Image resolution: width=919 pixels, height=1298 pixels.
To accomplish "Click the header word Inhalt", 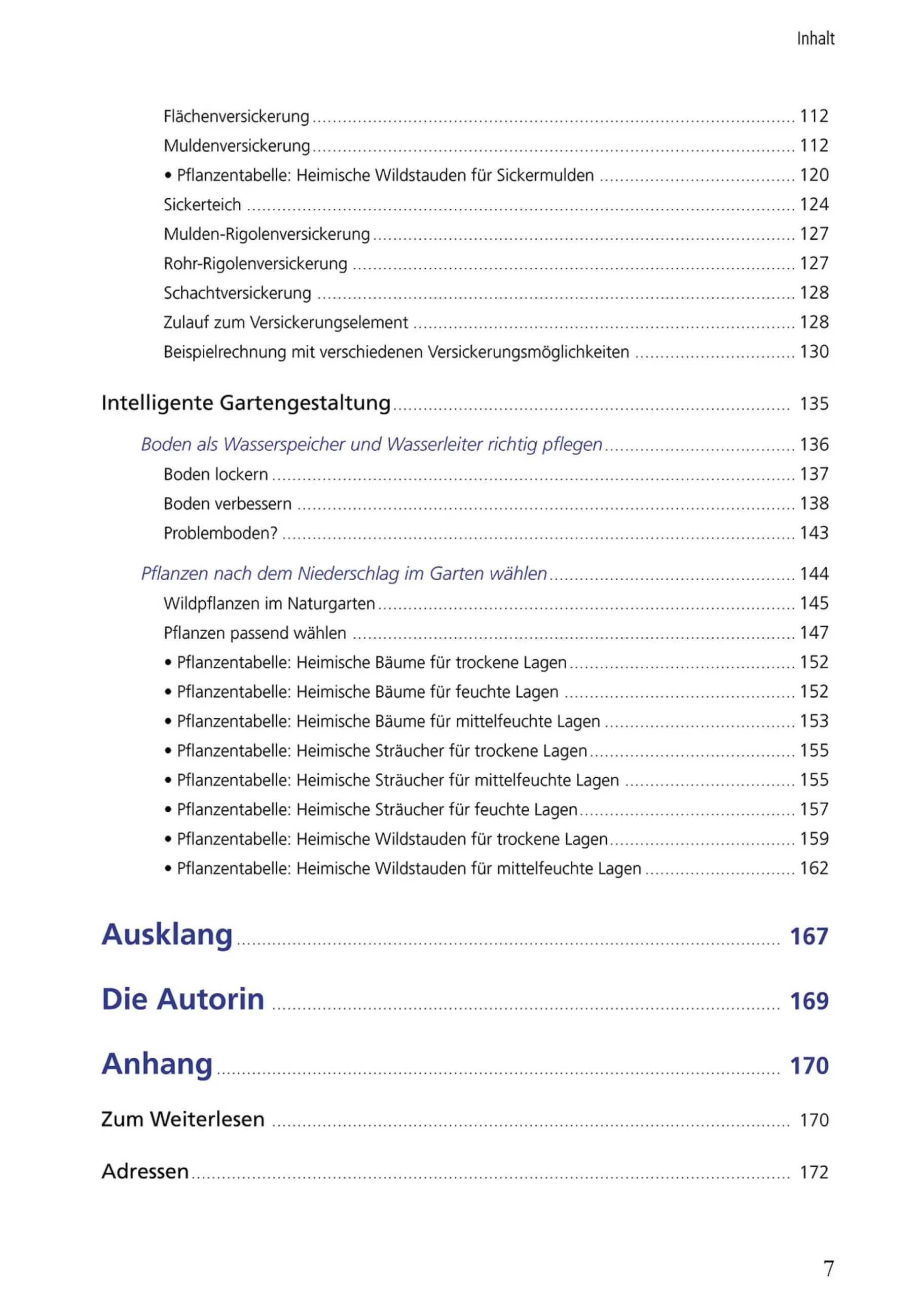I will click(816, 39).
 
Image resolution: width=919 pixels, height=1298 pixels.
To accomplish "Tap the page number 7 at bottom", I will click(828, 1268).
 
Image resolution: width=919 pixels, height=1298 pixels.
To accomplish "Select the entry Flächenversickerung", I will click(236, 116).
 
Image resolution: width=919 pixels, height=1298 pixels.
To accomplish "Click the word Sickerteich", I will click(202, 204).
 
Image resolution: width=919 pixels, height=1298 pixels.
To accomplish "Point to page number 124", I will click(814, 204).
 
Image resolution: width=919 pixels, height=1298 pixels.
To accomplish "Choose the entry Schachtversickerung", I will click(237, 293).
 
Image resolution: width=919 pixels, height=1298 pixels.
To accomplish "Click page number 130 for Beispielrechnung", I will click(814, 351).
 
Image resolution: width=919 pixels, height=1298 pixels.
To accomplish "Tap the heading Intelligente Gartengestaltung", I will click(246, 403).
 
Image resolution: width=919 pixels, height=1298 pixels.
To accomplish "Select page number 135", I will click(814, 404).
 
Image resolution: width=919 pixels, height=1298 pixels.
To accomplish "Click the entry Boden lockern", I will click(215, 474).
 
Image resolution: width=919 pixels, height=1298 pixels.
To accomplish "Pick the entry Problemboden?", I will click(220, 533).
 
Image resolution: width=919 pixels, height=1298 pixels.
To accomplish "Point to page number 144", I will click(814, 573).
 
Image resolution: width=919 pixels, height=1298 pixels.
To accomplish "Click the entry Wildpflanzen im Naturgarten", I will click(269, 603).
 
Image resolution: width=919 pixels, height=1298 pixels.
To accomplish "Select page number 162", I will click(814, 868).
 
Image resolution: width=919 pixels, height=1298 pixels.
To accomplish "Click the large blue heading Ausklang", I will click(167, 934).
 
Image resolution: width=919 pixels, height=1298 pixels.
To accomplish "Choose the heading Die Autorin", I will click(183, 999).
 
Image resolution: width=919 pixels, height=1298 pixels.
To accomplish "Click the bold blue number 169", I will click(808, 1001).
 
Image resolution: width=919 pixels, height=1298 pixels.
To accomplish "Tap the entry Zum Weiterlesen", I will click(183, 1119).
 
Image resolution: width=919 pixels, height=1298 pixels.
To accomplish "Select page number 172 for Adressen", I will click(814, 1172).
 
